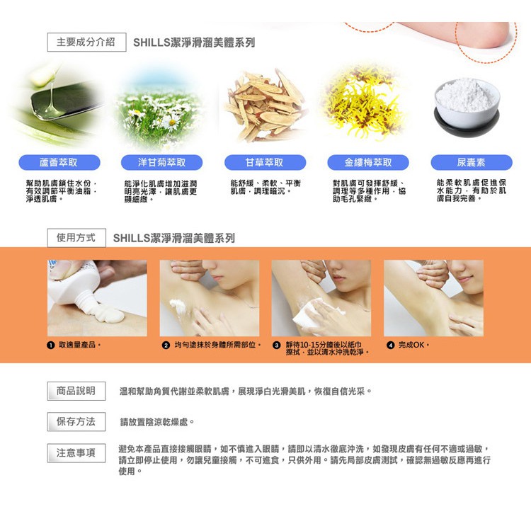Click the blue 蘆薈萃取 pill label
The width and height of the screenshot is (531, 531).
[x=59, y=163]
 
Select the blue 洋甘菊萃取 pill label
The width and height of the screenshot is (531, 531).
[x=161, y=163]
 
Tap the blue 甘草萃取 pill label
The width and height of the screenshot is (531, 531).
[x=265, y=163]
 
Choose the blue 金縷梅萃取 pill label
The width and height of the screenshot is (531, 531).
[x=368, y=163]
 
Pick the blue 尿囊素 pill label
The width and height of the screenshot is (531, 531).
[x=472, y=163]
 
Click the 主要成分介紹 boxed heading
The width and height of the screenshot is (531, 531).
[x=86, y=42]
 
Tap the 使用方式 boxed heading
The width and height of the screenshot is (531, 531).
[x=76, y=238]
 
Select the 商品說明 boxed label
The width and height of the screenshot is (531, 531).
[x=76, y=391]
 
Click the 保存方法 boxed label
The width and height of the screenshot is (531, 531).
[x=76, y=422]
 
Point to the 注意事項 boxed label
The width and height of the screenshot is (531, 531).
[x=76, y=453]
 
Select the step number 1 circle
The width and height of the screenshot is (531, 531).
[x=51, y=345]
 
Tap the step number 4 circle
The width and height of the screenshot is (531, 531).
[x=390, y=345]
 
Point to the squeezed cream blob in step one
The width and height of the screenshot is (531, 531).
[x=109, y=313]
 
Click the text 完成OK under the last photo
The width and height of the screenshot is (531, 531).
[x=411, y=345]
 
